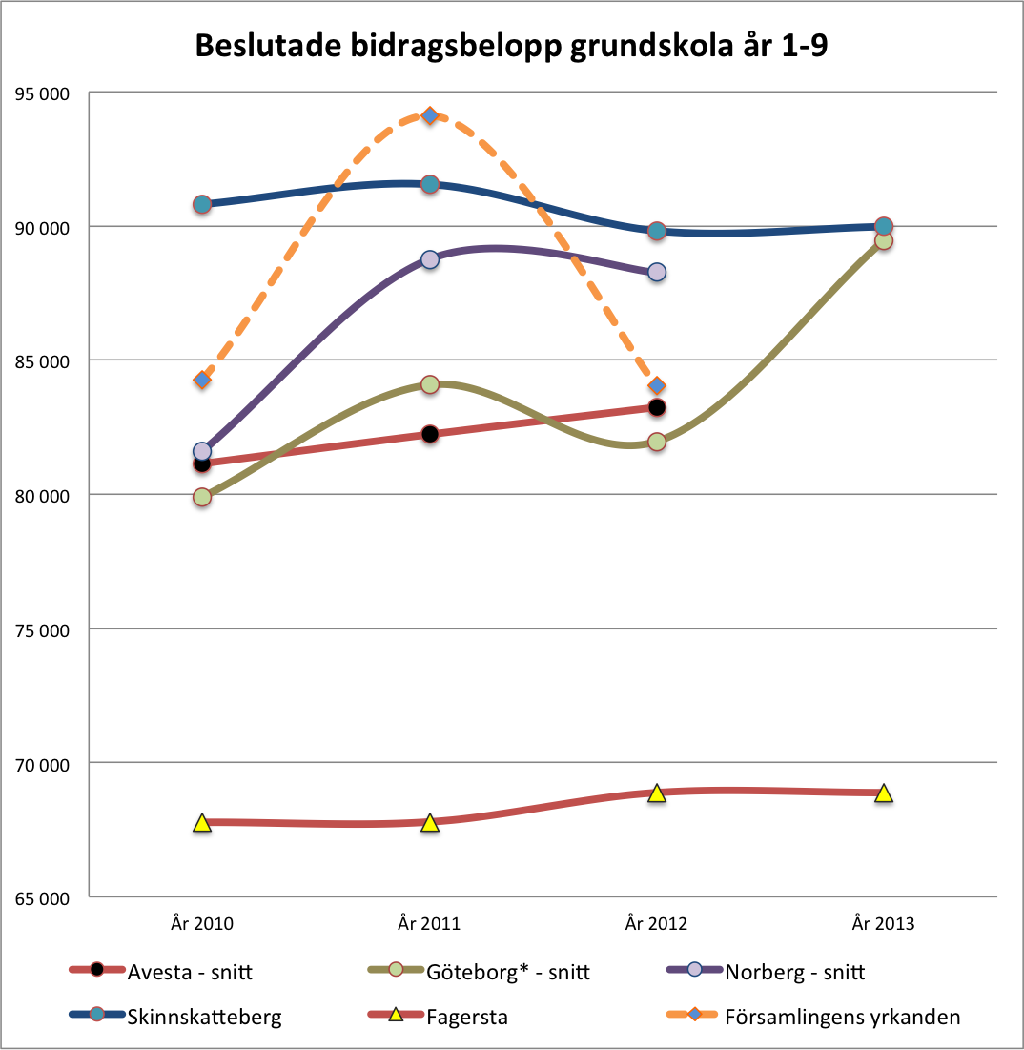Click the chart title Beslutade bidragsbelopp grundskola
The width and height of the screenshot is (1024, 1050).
click(511, 46)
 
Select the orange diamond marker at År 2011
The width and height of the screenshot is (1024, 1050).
click(430, 115)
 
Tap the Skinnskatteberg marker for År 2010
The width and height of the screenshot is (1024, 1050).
click(202, 204)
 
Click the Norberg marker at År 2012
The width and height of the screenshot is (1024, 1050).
click(657, 272)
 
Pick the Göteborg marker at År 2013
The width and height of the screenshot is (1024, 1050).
click(884, 240)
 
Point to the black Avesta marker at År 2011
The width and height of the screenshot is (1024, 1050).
click(430, 434)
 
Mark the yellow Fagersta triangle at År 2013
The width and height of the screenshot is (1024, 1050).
click(884, 793)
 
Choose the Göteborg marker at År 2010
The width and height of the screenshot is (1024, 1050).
click(202, 497)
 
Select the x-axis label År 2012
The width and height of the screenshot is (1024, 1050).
click(656, 923)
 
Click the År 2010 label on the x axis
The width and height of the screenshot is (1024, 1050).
click(202, 923)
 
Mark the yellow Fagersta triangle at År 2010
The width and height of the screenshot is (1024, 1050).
click(202, 823)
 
